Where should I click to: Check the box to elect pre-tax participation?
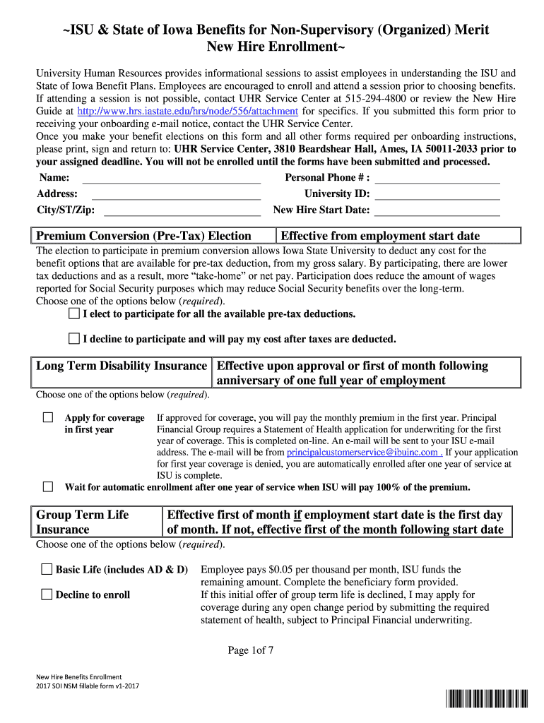pyautogui.click(x=74, y=313)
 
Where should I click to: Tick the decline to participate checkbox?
pyautogui.click(x=74, y=338)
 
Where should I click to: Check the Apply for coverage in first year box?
pyautogui.click(x=48, y=417)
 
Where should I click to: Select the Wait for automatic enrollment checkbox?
pyautogui.click(x=48, y=486)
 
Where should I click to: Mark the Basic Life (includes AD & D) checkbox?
pyautogui.click(x=47, y=568)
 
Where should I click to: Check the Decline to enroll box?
pyautogui.click(x=47, y=594)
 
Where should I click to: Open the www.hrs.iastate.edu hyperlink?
pyautogui.click(x=187, y=112)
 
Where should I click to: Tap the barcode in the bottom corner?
pyautogui.click(x=487, y=700)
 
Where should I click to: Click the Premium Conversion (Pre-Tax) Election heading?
pyautogui.click(x=143, y=236)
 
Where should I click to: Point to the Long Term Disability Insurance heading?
pyautogui.click(x=122, y=366)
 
